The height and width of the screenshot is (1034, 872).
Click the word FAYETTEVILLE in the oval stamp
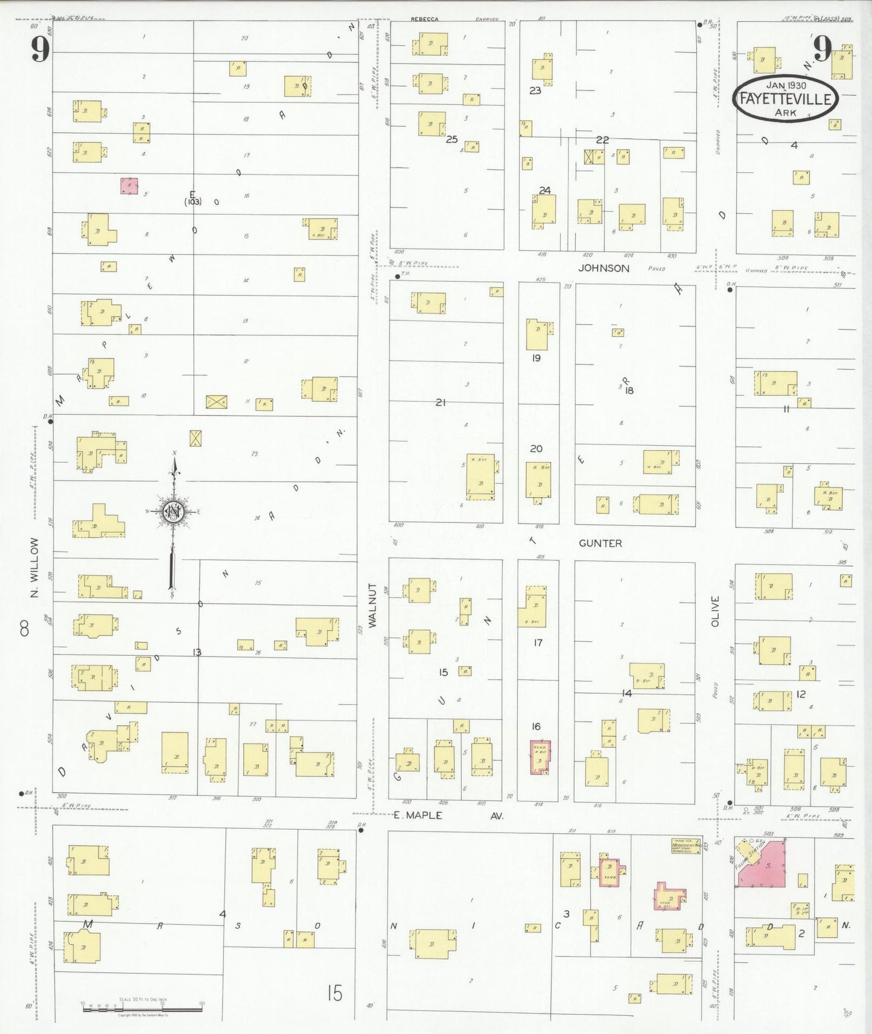(785, 99)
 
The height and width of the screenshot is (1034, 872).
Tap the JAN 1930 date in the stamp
(786, 86)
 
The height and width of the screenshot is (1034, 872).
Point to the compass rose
(174, 512)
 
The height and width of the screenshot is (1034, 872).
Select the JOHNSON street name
(603, 268)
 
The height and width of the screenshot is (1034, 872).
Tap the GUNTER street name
(600, 544)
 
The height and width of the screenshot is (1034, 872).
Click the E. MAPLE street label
(418, 816)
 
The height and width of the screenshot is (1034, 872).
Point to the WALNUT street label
(372, 605)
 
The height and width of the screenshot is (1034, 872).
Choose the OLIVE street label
(715, 611)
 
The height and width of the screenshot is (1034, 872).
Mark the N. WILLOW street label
(34, 568)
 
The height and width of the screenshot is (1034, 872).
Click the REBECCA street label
(425, 19)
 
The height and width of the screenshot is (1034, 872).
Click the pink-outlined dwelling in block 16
(540, 756)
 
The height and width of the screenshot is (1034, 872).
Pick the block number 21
(441, 402)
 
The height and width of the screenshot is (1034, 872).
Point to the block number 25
(451, 139)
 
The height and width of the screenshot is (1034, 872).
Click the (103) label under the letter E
(193, 202)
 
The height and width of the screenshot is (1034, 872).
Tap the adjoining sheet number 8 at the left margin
(24, 629)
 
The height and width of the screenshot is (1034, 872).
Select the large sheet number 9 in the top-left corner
(40, 48)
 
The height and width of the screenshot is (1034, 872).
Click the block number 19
(536, 358)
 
